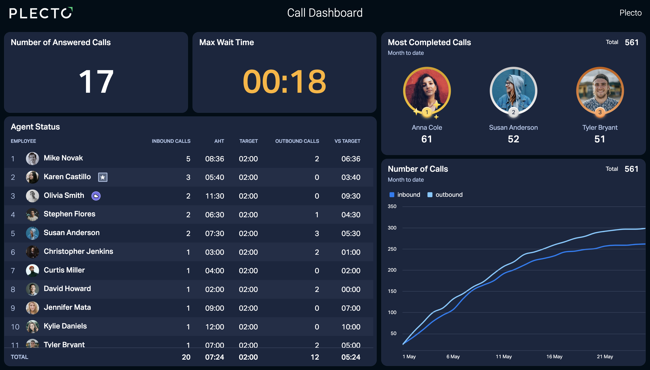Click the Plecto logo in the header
pyautogui.click(x=41, y=13)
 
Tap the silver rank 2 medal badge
pyautogui.click(x=513, y=112)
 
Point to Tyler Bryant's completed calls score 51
pyautogui.click(x=600, y=139)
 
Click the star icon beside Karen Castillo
pyautogui.click(x=103, y=177)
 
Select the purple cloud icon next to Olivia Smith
pyautogui.click(x=96, y=196)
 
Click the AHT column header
pyautogui.click(x=219, y=141)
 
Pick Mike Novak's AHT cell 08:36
pyautogui.click(x=215, y=159)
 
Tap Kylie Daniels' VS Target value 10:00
pyautogui.click(x=351, y=327)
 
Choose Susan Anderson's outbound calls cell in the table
pyautogui.click(x=317, y=234)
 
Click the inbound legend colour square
pyautogui.click(x=392, y=195)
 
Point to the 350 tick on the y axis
pyautogui.click(x=392, y=206)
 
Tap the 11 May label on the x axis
pyautogui.click(x=504, y=356)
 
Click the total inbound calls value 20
pyautogui.click(x=186, y=357)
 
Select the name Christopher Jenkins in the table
pyautogui.click(x=78, y=251)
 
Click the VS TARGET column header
pyautogui.click(x=347, y=141)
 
